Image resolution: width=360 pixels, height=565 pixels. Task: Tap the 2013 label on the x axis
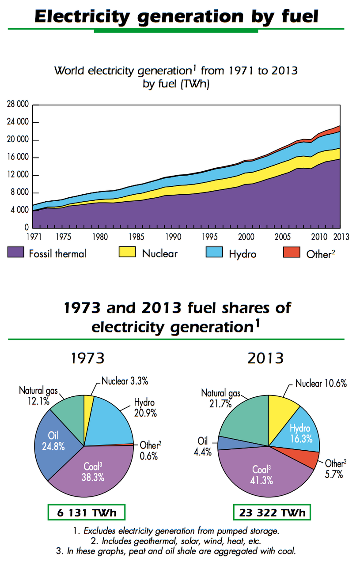coord(340,237)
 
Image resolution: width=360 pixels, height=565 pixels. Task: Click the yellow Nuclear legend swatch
coord(128,252)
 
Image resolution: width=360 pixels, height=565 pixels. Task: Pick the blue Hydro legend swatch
coord(216,252)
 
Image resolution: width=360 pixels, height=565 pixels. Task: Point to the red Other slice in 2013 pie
coord(309,457)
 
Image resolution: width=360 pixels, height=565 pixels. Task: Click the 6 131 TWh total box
coord(86,513)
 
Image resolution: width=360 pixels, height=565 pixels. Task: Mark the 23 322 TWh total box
coord(272,513)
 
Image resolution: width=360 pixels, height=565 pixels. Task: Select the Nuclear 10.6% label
coord(321,383)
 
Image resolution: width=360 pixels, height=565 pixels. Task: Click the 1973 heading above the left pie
coord(87,358)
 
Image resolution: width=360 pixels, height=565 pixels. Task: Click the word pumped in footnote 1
coord(233,531)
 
